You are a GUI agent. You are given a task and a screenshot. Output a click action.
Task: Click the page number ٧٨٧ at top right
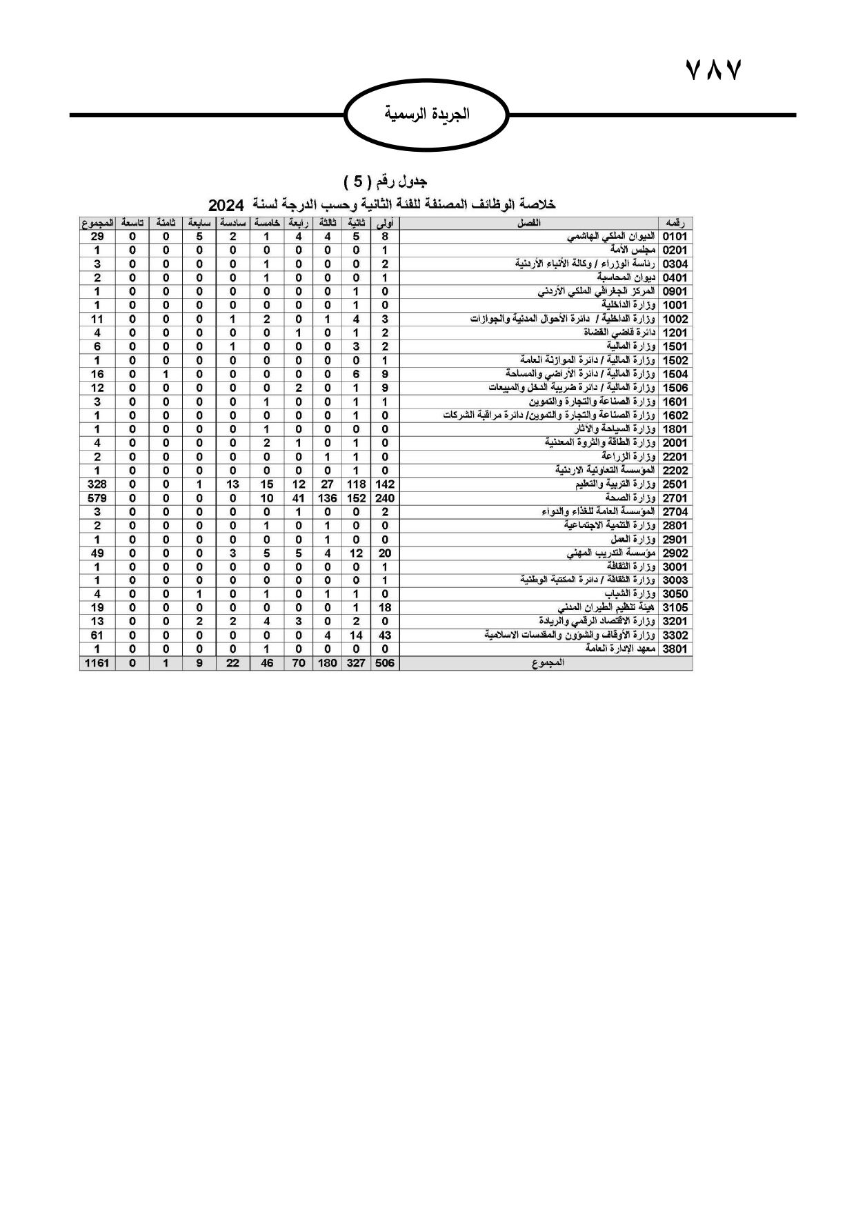coord(713,70)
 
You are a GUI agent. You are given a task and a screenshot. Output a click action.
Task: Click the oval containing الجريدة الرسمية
coord(426,115)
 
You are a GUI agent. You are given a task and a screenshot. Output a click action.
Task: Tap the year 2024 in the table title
coord(226,205)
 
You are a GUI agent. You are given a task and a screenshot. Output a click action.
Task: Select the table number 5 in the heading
coord(358,181)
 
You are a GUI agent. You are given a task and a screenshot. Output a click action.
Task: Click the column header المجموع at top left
coord(97,223)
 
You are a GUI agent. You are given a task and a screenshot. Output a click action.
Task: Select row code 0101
coord(675,237)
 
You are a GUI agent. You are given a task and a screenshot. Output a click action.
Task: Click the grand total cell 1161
coord(97,663)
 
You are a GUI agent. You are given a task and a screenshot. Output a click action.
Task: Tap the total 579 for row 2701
coord(97,498)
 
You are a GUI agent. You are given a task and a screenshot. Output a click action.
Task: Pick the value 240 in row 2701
coord(385,498)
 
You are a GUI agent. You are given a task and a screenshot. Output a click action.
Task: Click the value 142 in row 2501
coord(385,484)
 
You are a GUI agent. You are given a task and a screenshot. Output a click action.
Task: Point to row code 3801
coord(675,649)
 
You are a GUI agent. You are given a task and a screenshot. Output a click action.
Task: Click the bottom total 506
coord(385,663)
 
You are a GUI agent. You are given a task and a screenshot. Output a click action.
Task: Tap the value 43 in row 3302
coord(385,636)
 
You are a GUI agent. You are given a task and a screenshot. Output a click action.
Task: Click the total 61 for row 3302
coord(97,636)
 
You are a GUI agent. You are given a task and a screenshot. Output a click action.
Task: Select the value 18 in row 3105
coord(385,608)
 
